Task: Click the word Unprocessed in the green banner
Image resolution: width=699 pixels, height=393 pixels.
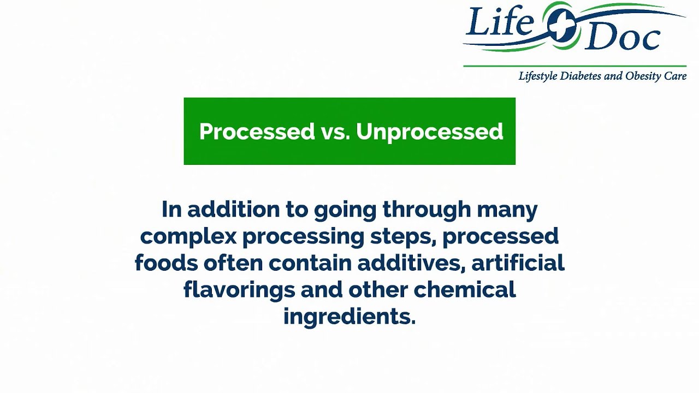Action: click(429, 132)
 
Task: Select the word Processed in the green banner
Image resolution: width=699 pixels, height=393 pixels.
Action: click(257, 132)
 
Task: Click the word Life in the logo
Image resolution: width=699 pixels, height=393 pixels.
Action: click(500, 25)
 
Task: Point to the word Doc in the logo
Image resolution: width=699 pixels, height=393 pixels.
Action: click(623, 37)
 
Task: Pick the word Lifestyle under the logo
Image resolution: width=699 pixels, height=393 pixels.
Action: click(538, 76)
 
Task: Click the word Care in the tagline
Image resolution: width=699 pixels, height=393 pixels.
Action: click(675, 76)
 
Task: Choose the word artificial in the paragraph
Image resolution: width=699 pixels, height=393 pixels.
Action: click(518, 263)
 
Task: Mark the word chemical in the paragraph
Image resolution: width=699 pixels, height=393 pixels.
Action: click(465, 290)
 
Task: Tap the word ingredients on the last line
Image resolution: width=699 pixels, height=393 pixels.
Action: click(349, 317)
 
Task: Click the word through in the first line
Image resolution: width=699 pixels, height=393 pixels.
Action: click(426, 210)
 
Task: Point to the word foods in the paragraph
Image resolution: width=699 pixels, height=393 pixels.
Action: click(166, 263)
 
